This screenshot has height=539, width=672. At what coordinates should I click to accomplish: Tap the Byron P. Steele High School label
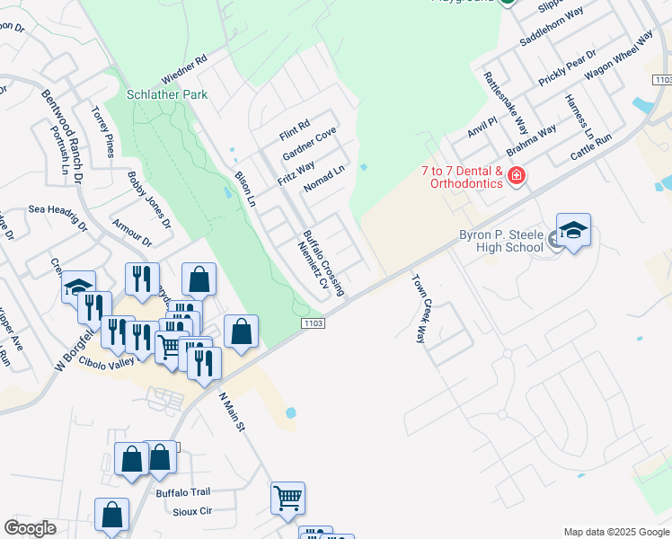[x=501, y=241]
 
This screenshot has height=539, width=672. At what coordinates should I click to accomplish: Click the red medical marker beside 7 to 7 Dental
[x=517, y=176]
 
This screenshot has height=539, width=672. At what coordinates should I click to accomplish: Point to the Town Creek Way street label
[x=420, y=309]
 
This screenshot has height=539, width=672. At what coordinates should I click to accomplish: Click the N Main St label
[x=233, y=410]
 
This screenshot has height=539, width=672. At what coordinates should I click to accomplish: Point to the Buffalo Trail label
[x=182, y=492]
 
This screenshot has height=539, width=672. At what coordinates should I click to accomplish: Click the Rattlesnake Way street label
[x=506, y=102]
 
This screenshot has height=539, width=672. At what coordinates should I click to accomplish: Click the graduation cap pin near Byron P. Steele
[x=573, y=233]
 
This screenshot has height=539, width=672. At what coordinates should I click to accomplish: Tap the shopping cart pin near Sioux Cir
[x=287, y=498]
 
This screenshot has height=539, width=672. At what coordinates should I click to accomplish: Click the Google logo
[x=30, y=528]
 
